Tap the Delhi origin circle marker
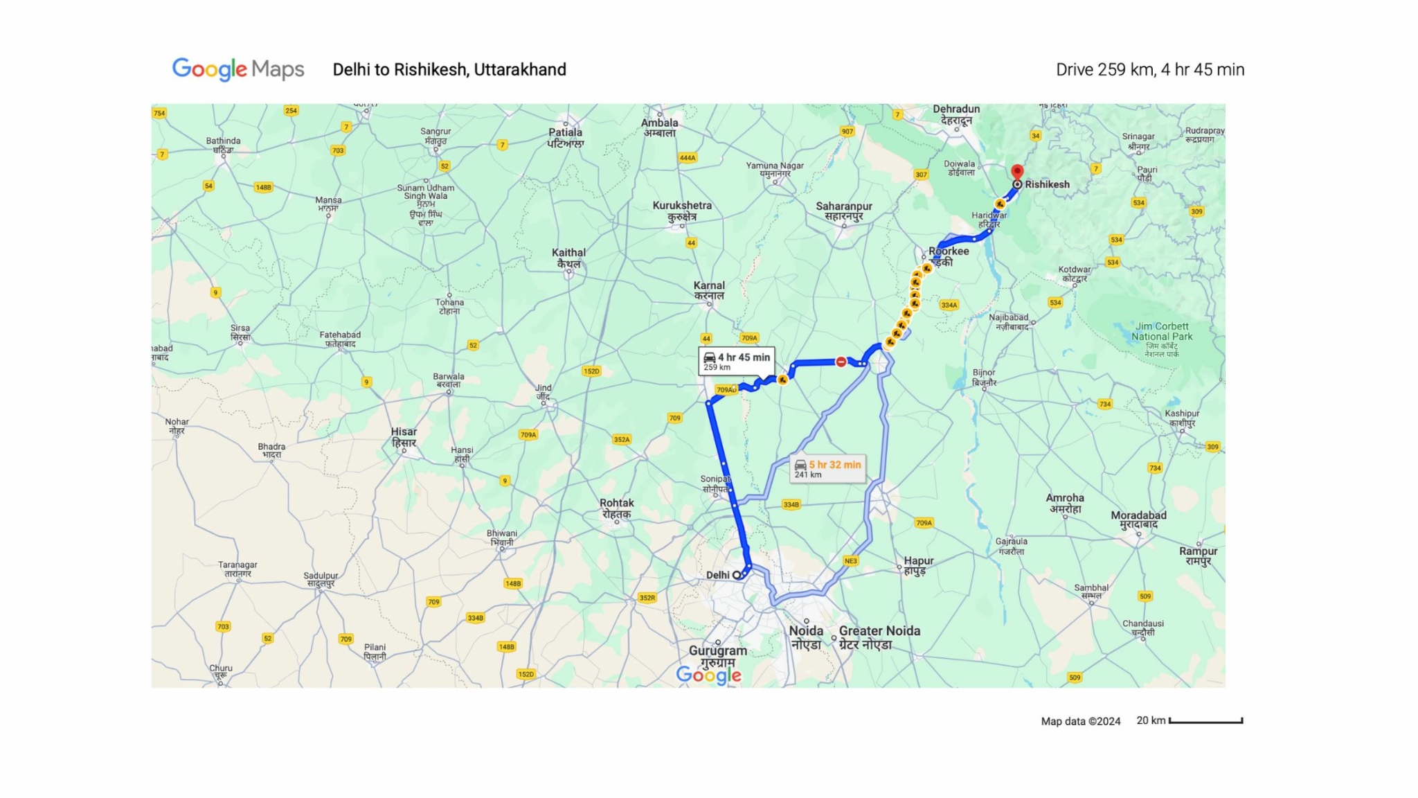737,575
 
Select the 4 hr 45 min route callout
737,361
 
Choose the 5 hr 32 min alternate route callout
828,468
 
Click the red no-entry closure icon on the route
841,362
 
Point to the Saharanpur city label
843,211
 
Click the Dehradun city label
956,114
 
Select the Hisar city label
404,436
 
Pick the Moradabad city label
1138,520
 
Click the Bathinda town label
223,145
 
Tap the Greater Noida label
879,636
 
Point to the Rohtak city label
616,508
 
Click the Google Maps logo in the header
238,69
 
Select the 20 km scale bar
1205,721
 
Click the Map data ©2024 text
1080,721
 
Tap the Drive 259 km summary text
1149,70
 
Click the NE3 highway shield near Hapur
850,560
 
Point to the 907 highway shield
847,131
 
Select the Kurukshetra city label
682,210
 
